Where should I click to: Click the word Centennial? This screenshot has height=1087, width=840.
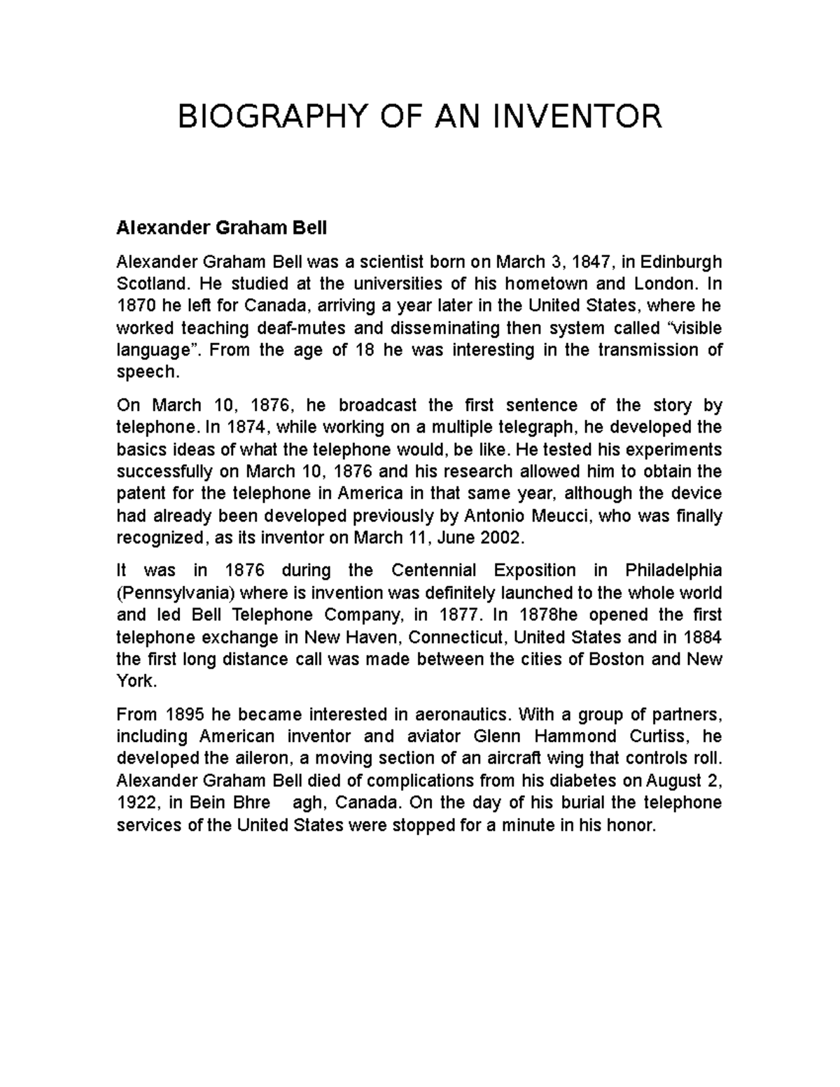click(x=433, y=570)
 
